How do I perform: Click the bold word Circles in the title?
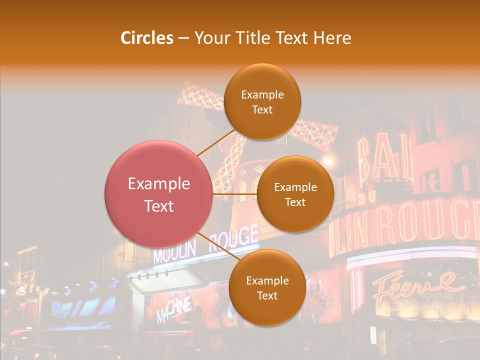(147, 38)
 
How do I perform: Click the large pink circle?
(159, 194)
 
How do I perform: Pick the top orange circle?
(262, 102)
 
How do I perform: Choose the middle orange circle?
(295, 194)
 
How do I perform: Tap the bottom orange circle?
(267, 287)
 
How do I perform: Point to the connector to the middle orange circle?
(235, 193)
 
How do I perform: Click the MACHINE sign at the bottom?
(173, 310)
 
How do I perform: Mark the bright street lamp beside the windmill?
(328, 161)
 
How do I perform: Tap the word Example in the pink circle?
(159, 184)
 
